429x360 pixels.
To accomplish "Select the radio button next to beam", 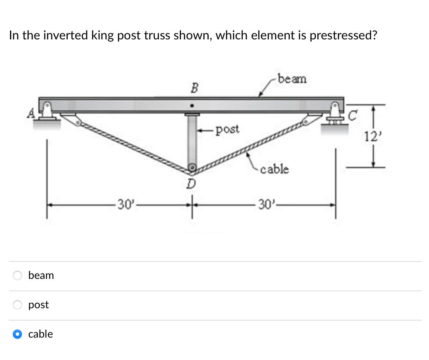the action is coord(17,275).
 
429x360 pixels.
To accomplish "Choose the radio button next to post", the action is coord(17,305).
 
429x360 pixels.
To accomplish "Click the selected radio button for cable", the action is coord(17,334).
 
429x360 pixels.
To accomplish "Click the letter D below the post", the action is coord(191,183).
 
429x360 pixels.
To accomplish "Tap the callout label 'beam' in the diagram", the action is coord(292,79).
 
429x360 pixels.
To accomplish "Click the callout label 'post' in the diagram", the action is coord(228,129).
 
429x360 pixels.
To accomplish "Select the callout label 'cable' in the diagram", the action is coord(274,169).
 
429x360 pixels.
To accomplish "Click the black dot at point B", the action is coord(191,105).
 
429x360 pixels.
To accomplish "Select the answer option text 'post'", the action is coord(39,305).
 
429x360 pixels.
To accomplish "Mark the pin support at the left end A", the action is coord(47,111).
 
